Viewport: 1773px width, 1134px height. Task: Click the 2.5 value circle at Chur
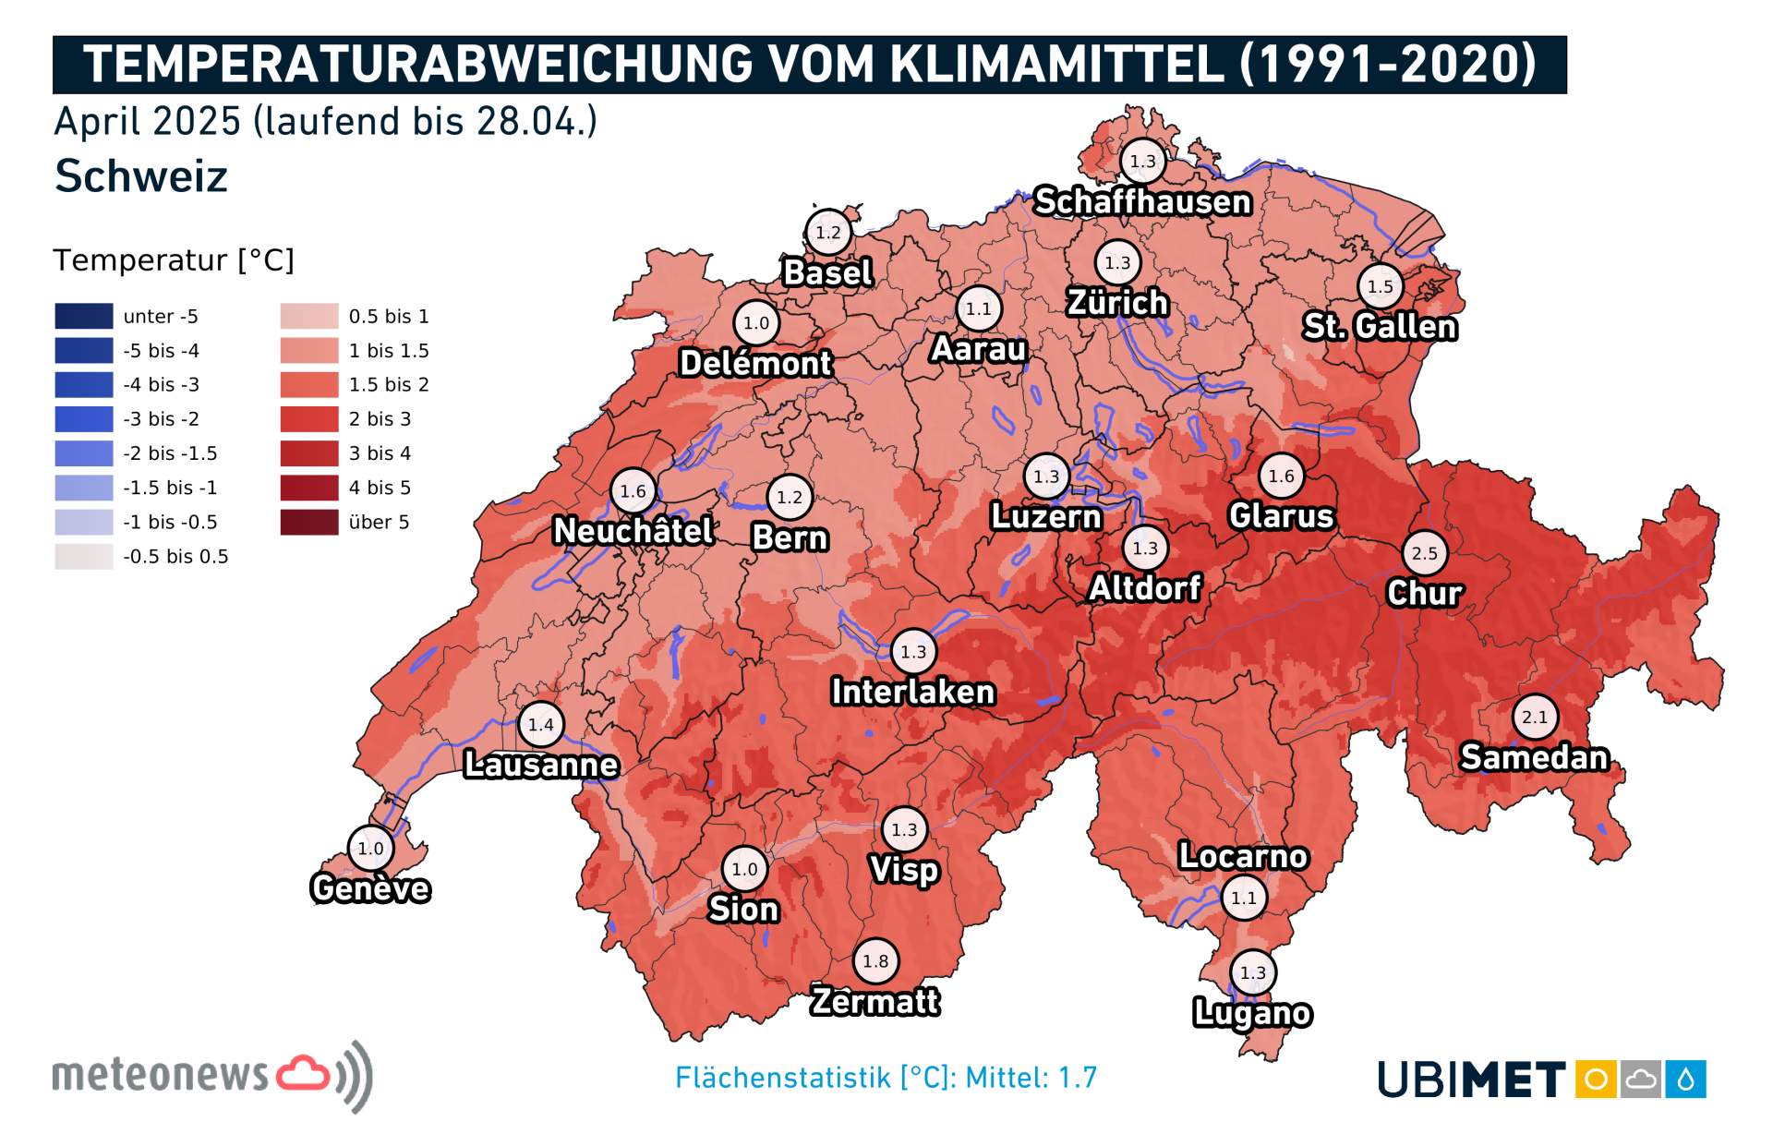(x=1424, y=553)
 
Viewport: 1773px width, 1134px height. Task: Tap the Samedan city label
(x=1534, y=757)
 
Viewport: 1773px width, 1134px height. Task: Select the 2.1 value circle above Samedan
(x=1535, y=717)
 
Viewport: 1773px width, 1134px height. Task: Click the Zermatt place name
(x=874, y=1002)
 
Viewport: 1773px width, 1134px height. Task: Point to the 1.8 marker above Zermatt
(x=875, y=961)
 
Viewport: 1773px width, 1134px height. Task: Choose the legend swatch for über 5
(x=309, y=522)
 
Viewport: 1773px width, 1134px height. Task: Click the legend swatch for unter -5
(x=84, y=316)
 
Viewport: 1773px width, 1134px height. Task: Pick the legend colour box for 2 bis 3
(x=309, y=419)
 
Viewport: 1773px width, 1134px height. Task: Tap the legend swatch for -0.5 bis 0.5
(x=84, y=557)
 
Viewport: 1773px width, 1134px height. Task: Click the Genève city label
(x=370, y=888)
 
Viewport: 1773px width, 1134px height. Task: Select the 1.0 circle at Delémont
(x=756, y=323)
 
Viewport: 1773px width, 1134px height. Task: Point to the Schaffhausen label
(x=1142, y=201)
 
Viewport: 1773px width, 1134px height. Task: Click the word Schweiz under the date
(x=141, y=176)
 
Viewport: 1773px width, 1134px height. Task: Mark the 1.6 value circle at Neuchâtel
(x=633, y=491)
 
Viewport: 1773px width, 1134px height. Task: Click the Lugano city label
(x=1251, y=1013)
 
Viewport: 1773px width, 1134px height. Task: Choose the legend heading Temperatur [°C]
(x=174, y=260)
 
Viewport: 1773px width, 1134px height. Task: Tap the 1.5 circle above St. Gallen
(x=1380, y=286)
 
